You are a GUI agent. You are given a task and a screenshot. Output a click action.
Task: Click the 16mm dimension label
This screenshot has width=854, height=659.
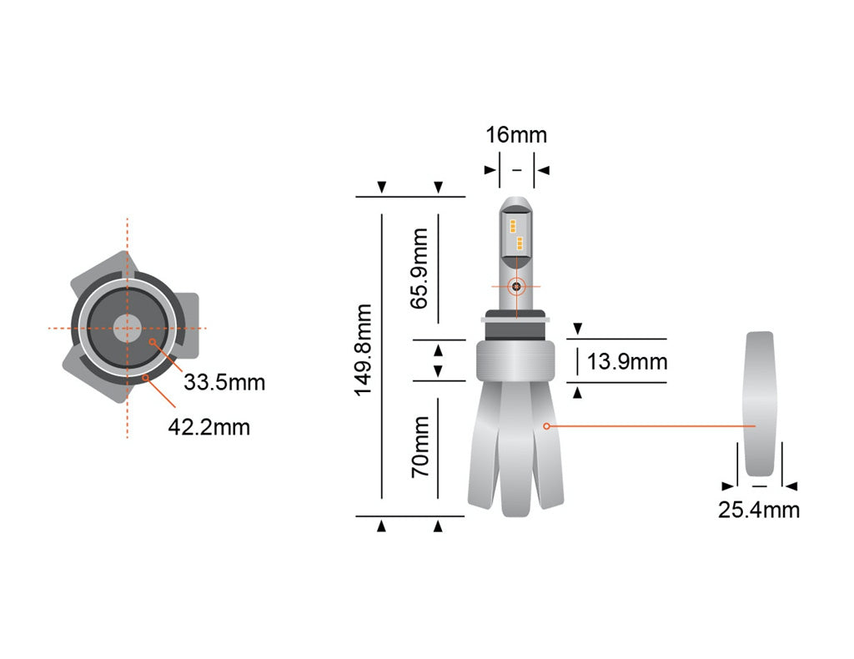(516, 135)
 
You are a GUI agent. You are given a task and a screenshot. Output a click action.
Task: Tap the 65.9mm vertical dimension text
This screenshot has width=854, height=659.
(421, 268)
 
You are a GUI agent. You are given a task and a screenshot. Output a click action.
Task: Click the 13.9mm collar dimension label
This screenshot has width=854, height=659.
(627, 362)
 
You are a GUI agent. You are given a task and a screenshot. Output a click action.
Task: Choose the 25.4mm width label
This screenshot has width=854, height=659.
(758, 510)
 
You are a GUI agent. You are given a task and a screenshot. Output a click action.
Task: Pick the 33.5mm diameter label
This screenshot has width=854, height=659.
(224, 383)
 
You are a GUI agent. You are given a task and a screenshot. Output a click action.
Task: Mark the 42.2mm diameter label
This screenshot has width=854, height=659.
(208, 427)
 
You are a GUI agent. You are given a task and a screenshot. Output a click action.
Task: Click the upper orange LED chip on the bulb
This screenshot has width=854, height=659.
(514, 225)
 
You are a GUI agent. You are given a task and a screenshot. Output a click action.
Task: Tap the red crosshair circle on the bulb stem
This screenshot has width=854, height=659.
(516, 286)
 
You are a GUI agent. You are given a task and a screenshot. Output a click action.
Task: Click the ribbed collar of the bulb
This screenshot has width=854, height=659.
(516, 361)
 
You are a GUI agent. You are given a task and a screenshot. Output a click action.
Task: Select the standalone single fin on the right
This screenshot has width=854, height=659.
(760, 409)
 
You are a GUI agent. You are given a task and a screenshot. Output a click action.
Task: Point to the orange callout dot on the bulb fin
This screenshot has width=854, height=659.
(546, 426)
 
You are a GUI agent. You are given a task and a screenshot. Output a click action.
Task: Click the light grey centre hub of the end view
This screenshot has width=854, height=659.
(127, 328)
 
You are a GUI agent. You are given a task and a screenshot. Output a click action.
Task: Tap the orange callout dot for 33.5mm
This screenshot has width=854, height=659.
(152, 342)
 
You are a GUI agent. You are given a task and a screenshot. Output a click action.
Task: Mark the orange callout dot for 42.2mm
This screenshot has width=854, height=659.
(146, 377)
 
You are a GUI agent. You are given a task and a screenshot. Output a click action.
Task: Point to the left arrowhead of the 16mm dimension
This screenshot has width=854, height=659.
(490, 170)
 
